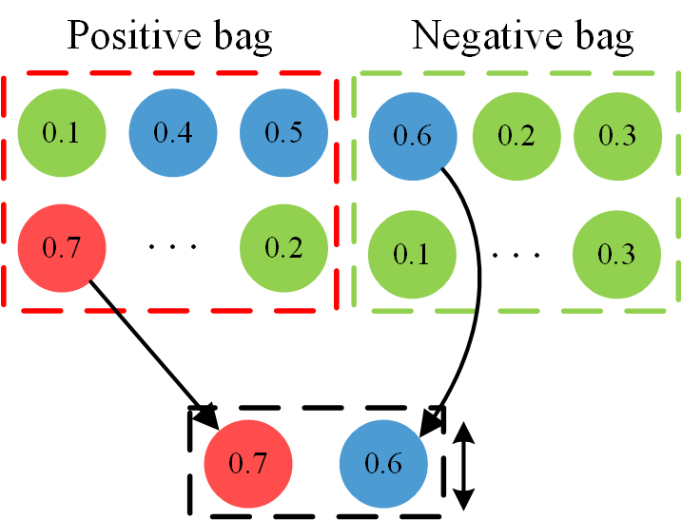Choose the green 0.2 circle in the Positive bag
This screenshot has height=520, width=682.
[x=283, y=250]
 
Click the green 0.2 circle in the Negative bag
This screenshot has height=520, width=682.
[x=516, y=136]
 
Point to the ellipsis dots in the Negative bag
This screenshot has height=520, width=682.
[x=516, y=255]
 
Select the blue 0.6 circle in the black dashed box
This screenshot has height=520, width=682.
[x=385, y=465]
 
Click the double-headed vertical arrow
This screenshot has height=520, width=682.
[x=463, y=465]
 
